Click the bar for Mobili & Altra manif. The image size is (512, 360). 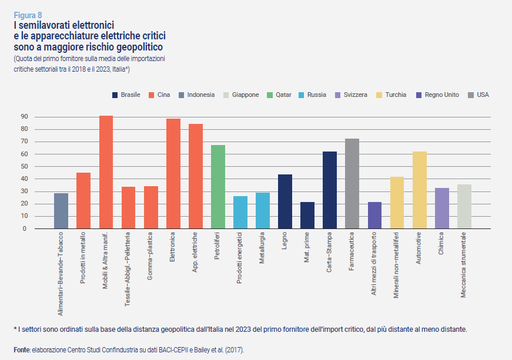tap(106, 172)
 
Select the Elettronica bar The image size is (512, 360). tap(173, 174)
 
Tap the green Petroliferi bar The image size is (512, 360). tap(218, 187)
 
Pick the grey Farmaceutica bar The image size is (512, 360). tap(352, 184)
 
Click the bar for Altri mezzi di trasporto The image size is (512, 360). tap(374, 215)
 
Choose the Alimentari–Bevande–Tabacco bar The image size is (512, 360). tap(61, 211)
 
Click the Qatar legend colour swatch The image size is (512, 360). tap(270, 95)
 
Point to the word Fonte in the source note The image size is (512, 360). tap(22, 350)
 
